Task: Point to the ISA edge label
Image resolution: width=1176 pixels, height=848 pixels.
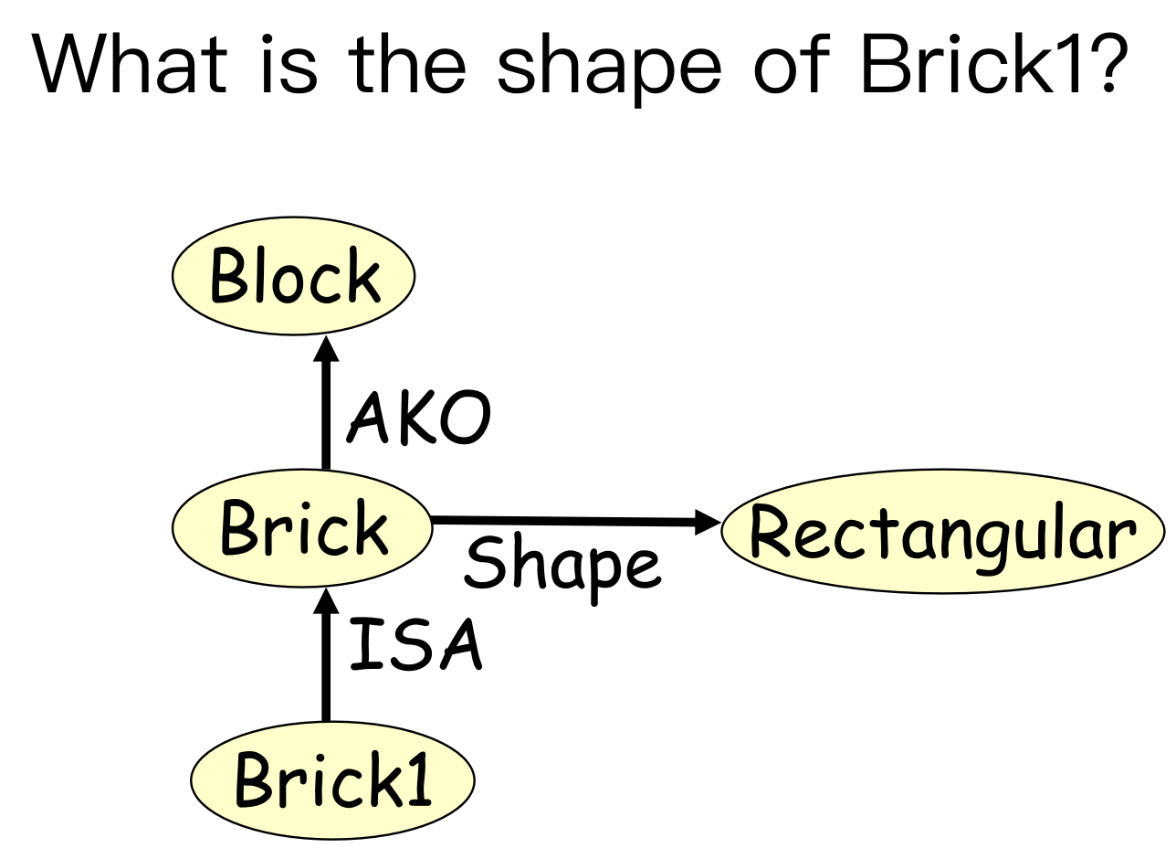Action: coord(415,646)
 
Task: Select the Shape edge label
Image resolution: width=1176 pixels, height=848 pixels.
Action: coord(561,565)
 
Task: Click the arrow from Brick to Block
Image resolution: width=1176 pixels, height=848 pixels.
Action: coord(324,411)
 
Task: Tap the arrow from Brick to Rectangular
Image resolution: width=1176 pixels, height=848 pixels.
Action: coord(566,522)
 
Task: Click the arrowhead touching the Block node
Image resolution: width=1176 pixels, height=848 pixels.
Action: coord(324,348)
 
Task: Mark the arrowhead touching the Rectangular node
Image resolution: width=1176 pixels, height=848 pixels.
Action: coord(709,524)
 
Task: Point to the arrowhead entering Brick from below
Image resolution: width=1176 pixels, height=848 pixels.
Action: coord(324,601)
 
